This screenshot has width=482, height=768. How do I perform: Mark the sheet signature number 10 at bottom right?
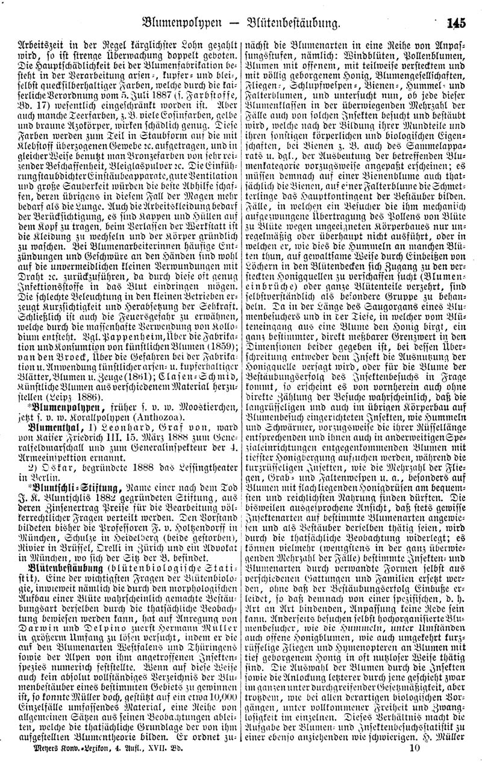pyautogui.click(x=413, y=749)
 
